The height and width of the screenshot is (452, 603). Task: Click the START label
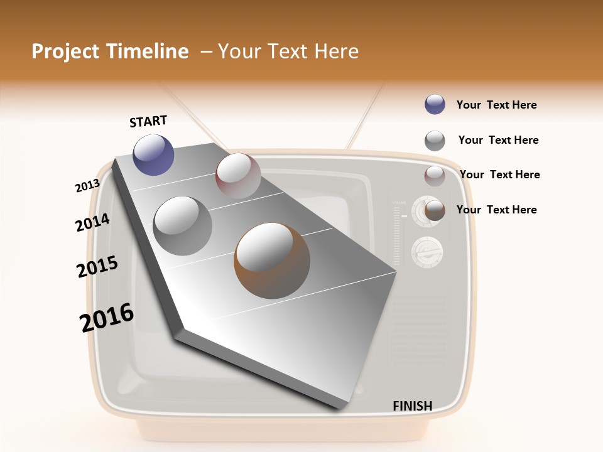tap(148, 121)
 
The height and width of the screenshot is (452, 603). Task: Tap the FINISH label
tap(412, 406)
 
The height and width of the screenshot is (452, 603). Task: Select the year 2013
tap(87, 186)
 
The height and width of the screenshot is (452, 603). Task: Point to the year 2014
tap(92, 222)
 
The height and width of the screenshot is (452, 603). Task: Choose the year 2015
tap(97, 267)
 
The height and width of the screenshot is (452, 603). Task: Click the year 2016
tap(107, 317)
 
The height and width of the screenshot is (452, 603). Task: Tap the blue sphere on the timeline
tap(153, 154)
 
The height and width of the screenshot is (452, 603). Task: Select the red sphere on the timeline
tap(238, 175)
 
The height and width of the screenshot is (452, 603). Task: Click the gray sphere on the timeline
tap(182, 226)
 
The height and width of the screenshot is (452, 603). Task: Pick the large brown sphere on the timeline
tap(272, 259)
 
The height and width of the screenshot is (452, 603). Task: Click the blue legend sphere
tap(435, 105)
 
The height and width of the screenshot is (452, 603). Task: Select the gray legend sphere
tap(435, 141)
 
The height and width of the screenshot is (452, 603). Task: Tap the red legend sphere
tap(435, 176)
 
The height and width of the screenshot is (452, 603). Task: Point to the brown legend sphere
tap(435, 210)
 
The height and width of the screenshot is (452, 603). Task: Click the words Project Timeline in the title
tap(110, 51)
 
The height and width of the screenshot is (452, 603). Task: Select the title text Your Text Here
tap(288, 51)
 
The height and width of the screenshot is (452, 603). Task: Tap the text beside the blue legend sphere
tap(496, 105)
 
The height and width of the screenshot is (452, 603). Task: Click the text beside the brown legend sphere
tap(496, 210)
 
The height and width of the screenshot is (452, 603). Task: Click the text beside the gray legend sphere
tap(498, 140)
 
